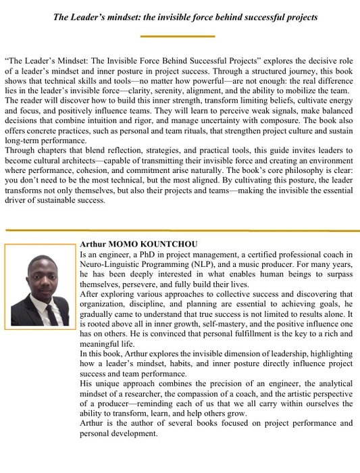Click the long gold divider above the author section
click(180, 230)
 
